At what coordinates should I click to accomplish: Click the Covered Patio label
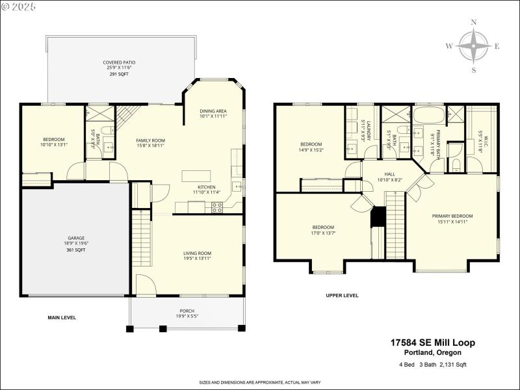(120, 62)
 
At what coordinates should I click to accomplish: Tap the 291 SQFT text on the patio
(120, 74)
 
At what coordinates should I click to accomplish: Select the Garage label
(77, 238)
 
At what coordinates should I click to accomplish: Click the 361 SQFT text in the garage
(77, 250)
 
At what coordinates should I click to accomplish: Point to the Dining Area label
(213, 111)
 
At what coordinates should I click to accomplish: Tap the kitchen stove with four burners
(217, 207)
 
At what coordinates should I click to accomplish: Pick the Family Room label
(150, 140)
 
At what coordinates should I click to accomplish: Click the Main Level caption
(62, 318)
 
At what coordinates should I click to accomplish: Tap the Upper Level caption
(342, 295)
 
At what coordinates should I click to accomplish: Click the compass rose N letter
(474, 23)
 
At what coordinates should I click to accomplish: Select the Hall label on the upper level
(389, 174)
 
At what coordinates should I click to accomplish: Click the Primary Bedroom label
(452, 216)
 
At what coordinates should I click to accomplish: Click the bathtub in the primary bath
(430, 116)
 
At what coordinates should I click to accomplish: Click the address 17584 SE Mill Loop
(433, 342)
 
